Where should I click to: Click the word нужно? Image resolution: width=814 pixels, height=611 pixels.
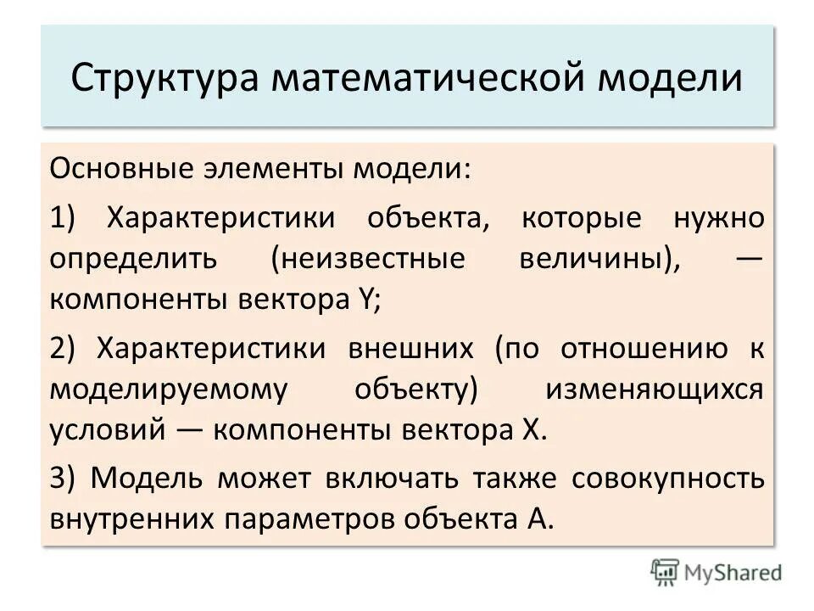[719, 218]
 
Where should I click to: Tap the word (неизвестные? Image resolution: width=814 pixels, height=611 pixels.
[369, 259]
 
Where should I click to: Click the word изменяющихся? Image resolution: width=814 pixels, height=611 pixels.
[655, 389]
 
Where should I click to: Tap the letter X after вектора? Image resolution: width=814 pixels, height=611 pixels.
[530, 429]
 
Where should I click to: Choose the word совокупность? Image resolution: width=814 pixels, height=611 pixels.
[668, 477]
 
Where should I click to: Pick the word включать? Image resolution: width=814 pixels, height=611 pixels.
[392, 477]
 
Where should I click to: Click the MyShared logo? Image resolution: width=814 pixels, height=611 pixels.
[716, 572]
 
